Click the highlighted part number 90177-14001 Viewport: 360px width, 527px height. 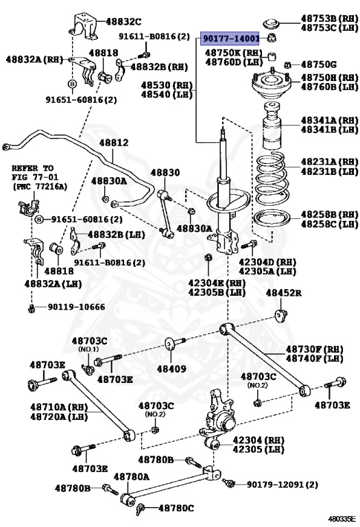(x=229, y=40)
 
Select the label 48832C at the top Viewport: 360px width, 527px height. (x=123, y=21)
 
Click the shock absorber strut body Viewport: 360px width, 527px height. (x=225, y=199)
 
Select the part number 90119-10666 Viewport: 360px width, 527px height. (x=76, y=307)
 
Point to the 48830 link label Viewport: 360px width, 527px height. (x=165, y=173)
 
